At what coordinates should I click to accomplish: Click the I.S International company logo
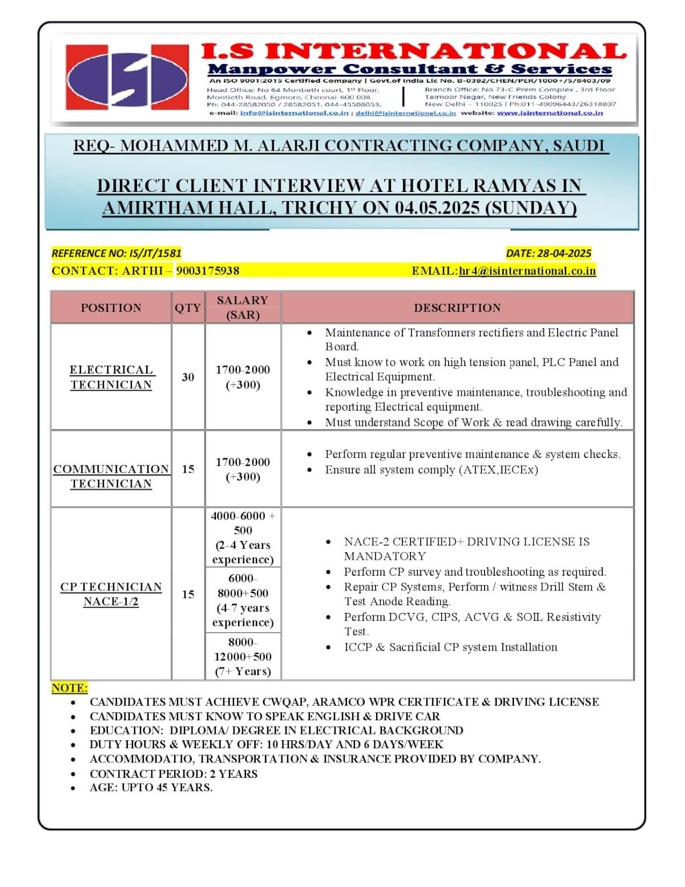pos(127,77)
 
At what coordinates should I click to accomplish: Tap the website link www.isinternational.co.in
pos(550,113)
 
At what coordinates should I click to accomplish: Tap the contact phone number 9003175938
pos(208,271)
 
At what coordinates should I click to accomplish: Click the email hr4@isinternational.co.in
pos(527,271)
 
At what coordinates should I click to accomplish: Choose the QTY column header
pos(188,308)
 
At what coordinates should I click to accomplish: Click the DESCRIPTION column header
pos(457,308)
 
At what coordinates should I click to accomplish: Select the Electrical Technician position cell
pos(111,377)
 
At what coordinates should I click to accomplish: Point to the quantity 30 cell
pos(188,377)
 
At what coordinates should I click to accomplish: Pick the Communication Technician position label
pos(111,476)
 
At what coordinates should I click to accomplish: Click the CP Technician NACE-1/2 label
pos(111,594)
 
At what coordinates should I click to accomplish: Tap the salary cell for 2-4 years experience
pos(243,537)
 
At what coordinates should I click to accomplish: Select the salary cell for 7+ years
pos(243,656)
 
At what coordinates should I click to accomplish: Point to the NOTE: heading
pos(70,688)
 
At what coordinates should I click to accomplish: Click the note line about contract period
pos(173,774)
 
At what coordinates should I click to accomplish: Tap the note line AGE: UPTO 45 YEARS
pos(151,788)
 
